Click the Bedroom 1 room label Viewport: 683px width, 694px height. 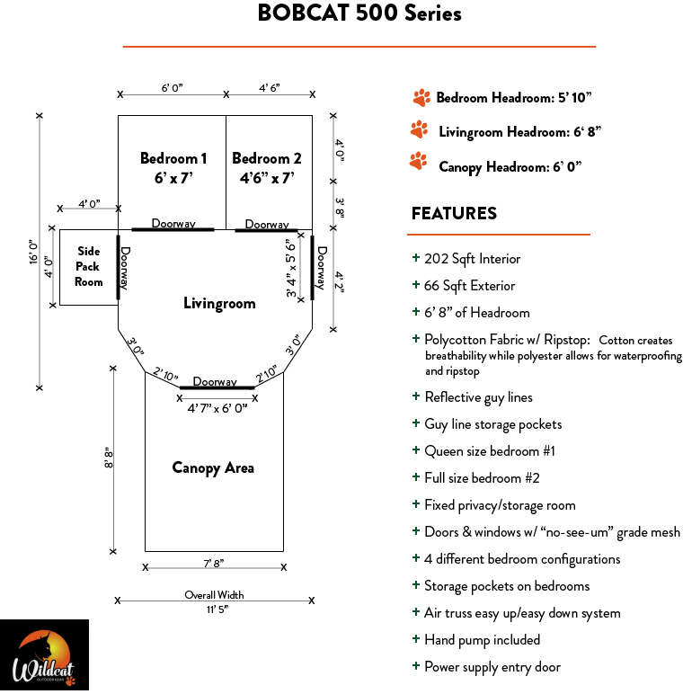pyautogui.click(x=173, y=167)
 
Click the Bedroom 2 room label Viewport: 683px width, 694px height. pyautogui.click(x=267, y=167)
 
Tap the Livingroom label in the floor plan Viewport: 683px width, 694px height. pyautogui.click(x=219, y=304)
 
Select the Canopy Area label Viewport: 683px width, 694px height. pyautogui.click(x=213, y=467)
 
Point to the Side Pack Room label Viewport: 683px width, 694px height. pyautogui.click(x=88, y=266)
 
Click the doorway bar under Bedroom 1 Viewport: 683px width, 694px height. pyautogui.click(x=173, y=230)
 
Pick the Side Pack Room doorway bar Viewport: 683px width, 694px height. pyautogui.click(x=118, y=267)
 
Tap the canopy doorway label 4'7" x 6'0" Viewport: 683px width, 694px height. pyautogui.click(x=217, y=407)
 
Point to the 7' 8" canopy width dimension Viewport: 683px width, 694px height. pyautogui.click(x=214, y=564)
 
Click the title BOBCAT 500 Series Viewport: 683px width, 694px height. pyautogui.click(x=359, y=13)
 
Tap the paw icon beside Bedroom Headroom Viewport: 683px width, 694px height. pyautogui.click(x=420, y=97)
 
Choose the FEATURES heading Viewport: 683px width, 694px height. pyautogui.click(x=454, y=213)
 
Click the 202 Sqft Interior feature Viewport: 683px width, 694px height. pyautogui.click(x=472, y=259)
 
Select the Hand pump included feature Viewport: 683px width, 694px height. pyautogui.click(x=482, y=640)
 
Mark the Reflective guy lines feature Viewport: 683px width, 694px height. pyautogui.click(x=478, y=397)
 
